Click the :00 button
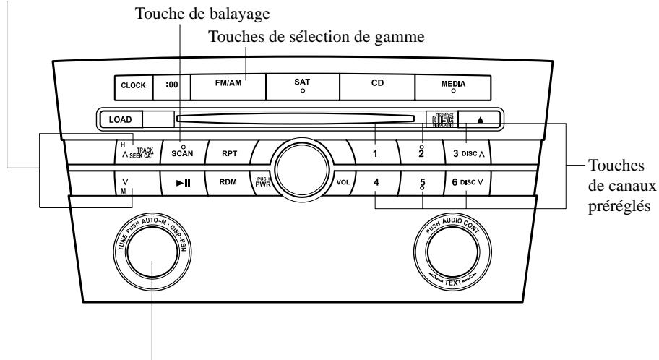[173, 85]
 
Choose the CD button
[376, 85]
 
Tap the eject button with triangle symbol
[480, 119]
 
